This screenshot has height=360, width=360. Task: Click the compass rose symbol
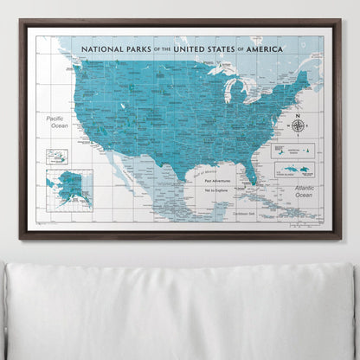point(298,125)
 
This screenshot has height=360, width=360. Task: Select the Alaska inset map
point(69,186)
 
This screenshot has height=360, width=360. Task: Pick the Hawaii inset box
point(57,157)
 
